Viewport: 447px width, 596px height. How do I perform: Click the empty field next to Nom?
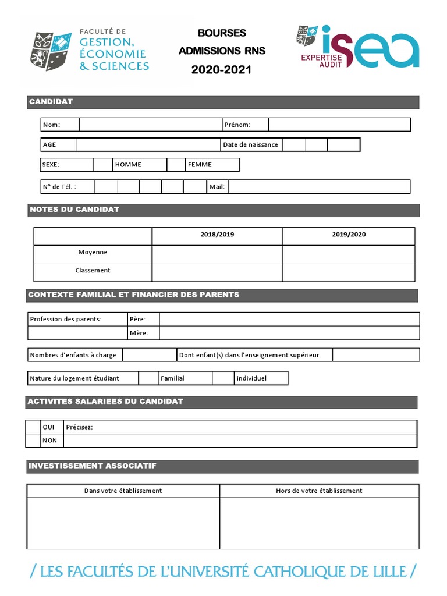[150, 125]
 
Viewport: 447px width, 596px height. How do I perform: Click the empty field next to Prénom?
[339, 125]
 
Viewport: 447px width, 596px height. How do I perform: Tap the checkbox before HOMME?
[103, 165]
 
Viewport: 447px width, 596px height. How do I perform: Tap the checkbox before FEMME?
[176, 165]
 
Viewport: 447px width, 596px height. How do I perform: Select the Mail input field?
[318, 186]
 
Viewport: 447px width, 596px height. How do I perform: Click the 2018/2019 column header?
[217, 235]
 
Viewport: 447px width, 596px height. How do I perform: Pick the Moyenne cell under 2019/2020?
[349, 254]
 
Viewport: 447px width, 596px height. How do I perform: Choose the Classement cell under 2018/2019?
[217, 272]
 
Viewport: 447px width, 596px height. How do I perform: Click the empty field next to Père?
[289, 319]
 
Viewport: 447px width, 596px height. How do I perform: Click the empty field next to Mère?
[289, 333]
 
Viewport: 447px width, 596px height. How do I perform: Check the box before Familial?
[148, 378]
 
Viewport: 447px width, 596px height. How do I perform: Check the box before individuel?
[223, 378]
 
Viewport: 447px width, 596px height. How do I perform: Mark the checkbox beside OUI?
[33, 427]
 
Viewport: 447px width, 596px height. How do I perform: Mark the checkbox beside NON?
[33, 441]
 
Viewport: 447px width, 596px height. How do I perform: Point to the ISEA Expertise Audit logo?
[357, 47]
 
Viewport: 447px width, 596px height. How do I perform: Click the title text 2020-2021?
[222, 70]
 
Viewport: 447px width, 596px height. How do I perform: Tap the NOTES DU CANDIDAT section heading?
[74, 210]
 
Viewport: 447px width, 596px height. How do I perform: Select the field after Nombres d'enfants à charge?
[150, 355]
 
